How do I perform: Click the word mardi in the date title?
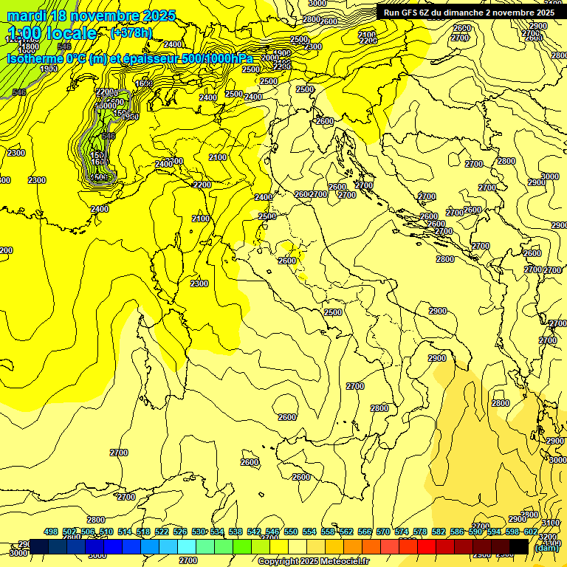click(27, 16)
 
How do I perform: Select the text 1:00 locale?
click(52, 33)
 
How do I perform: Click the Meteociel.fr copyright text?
click(313, 562)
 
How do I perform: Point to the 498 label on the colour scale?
click(51, 532)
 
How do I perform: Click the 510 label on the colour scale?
click(106, 532)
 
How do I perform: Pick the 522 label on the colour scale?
click(162, 532)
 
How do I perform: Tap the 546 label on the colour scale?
click(272, 532)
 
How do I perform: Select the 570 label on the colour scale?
click(383, 532)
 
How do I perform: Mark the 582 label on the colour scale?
click(439, 532)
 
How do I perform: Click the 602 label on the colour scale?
click(531, 532)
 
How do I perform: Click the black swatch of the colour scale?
click(519, 546)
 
